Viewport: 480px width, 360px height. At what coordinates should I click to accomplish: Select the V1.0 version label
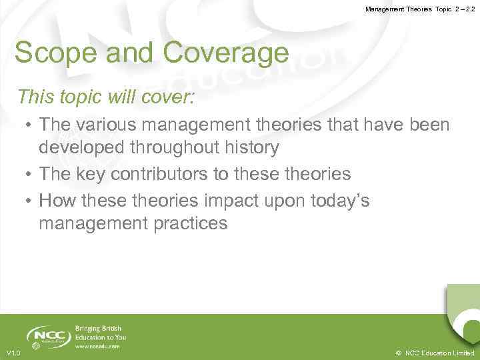click(x=13, y=353)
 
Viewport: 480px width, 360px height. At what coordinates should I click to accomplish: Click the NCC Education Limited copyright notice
click(x=434, y=353)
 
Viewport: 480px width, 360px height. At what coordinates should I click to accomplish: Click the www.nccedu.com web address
click(x=97, y=346)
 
